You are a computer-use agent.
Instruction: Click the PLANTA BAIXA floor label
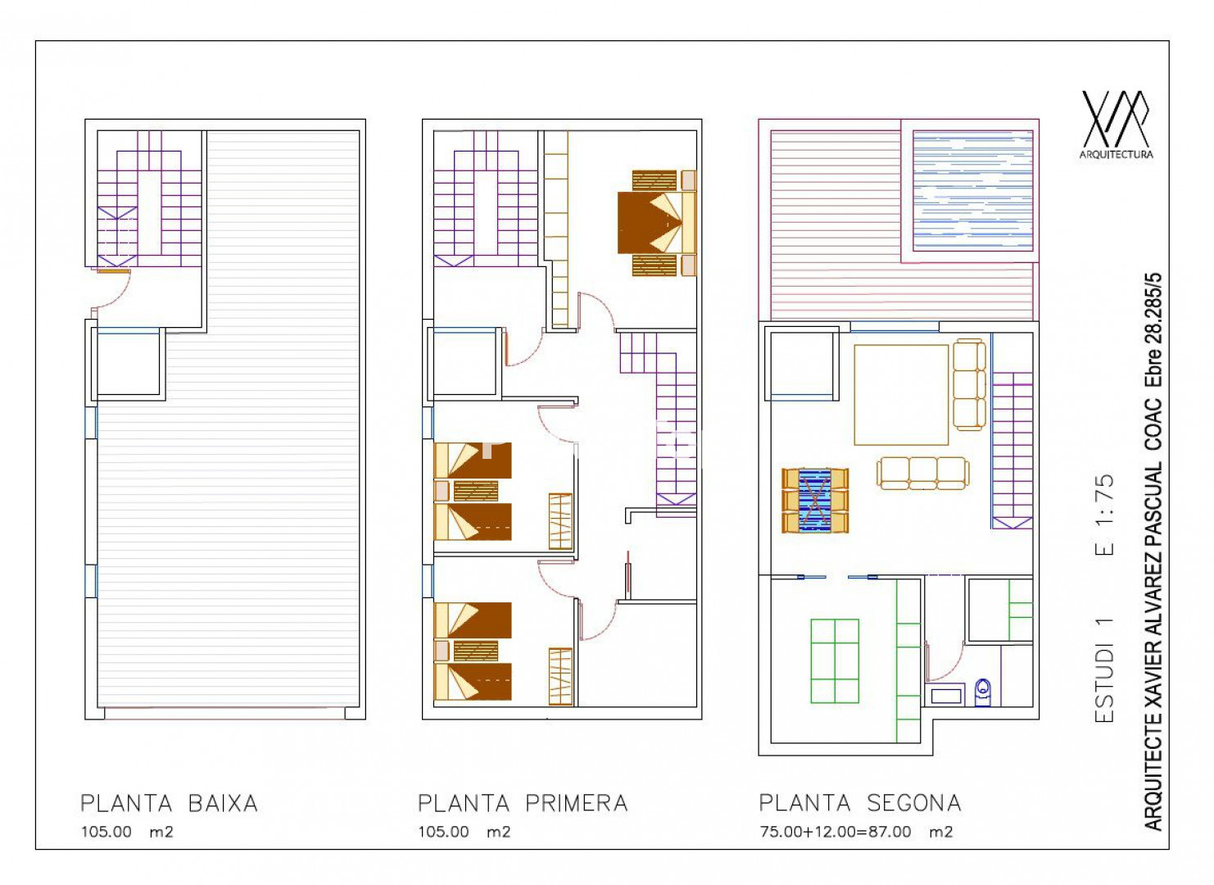[169, 803]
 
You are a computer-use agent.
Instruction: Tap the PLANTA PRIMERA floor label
[523, 803]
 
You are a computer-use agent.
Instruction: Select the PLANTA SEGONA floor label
[859, 803]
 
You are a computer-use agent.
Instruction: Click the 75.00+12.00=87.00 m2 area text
[856, 832]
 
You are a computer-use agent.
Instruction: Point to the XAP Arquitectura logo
[1117, 125]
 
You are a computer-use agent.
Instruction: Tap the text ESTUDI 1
[1104, 670]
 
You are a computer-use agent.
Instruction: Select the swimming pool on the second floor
[973, 191]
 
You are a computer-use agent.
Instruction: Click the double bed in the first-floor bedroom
[657, 223]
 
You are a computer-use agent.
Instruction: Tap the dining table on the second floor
[814, 501]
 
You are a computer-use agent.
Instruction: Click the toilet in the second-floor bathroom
[982, 692]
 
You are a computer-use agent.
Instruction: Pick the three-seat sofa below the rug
[923, 474]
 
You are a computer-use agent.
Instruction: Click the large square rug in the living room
[901, 395]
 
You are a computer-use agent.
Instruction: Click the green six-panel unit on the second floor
[835, 661]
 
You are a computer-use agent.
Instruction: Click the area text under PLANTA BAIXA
[127, 832]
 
